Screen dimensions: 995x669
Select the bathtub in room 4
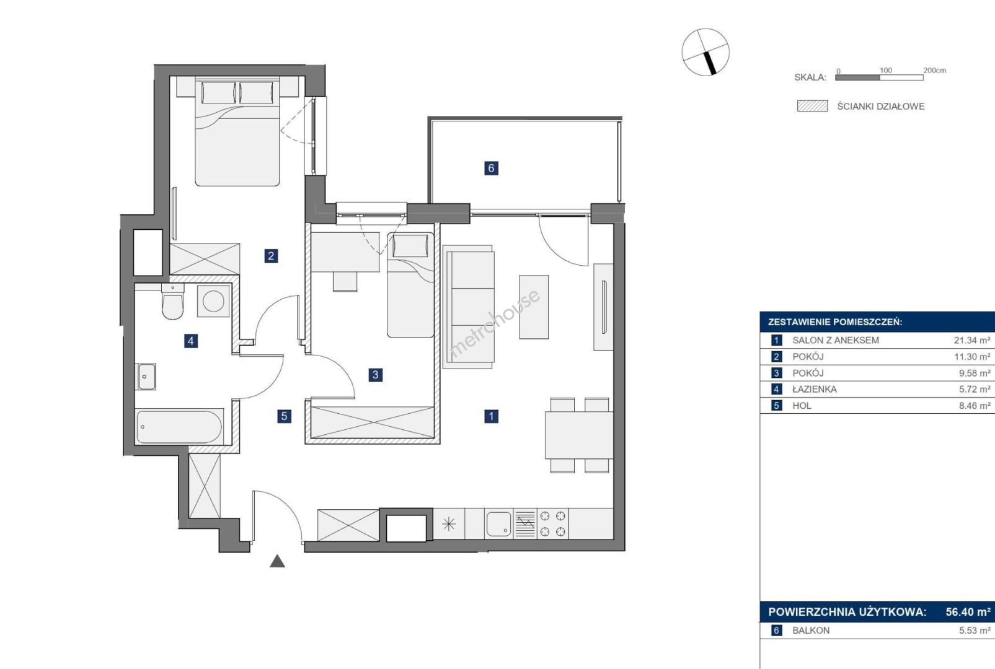179,427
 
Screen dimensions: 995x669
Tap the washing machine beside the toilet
213,301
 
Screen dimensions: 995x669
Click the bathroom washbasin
146,377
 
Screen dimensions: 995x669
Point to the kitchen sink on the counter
499,524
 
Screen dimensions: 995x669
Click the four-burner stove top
553,524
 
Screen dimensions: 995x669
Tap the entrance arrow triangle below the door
277,561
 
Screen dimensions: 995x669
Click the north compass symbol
705,52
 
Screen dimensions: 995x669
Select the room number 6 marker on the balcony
491,168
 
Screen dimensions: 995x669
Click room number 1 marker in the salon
491,416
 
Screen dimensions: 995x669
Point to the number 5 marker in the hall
285,416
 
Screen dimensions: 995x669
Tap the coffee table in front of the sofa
534,307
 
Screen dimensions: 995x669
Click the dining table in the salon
579,435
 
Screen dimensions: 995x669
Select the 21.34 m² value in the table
972,341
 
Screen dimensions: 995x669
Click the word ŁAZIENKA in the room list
815,390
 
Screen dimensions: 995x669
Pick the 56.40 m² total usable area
968,612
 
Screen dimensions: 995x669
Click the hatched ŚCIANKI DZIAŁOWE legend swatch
813,106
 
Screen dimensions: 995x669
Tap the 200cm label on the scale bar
935,70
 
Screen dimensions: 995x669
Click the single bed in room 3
410,284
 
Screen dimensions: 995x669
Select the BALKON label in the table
811,631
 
